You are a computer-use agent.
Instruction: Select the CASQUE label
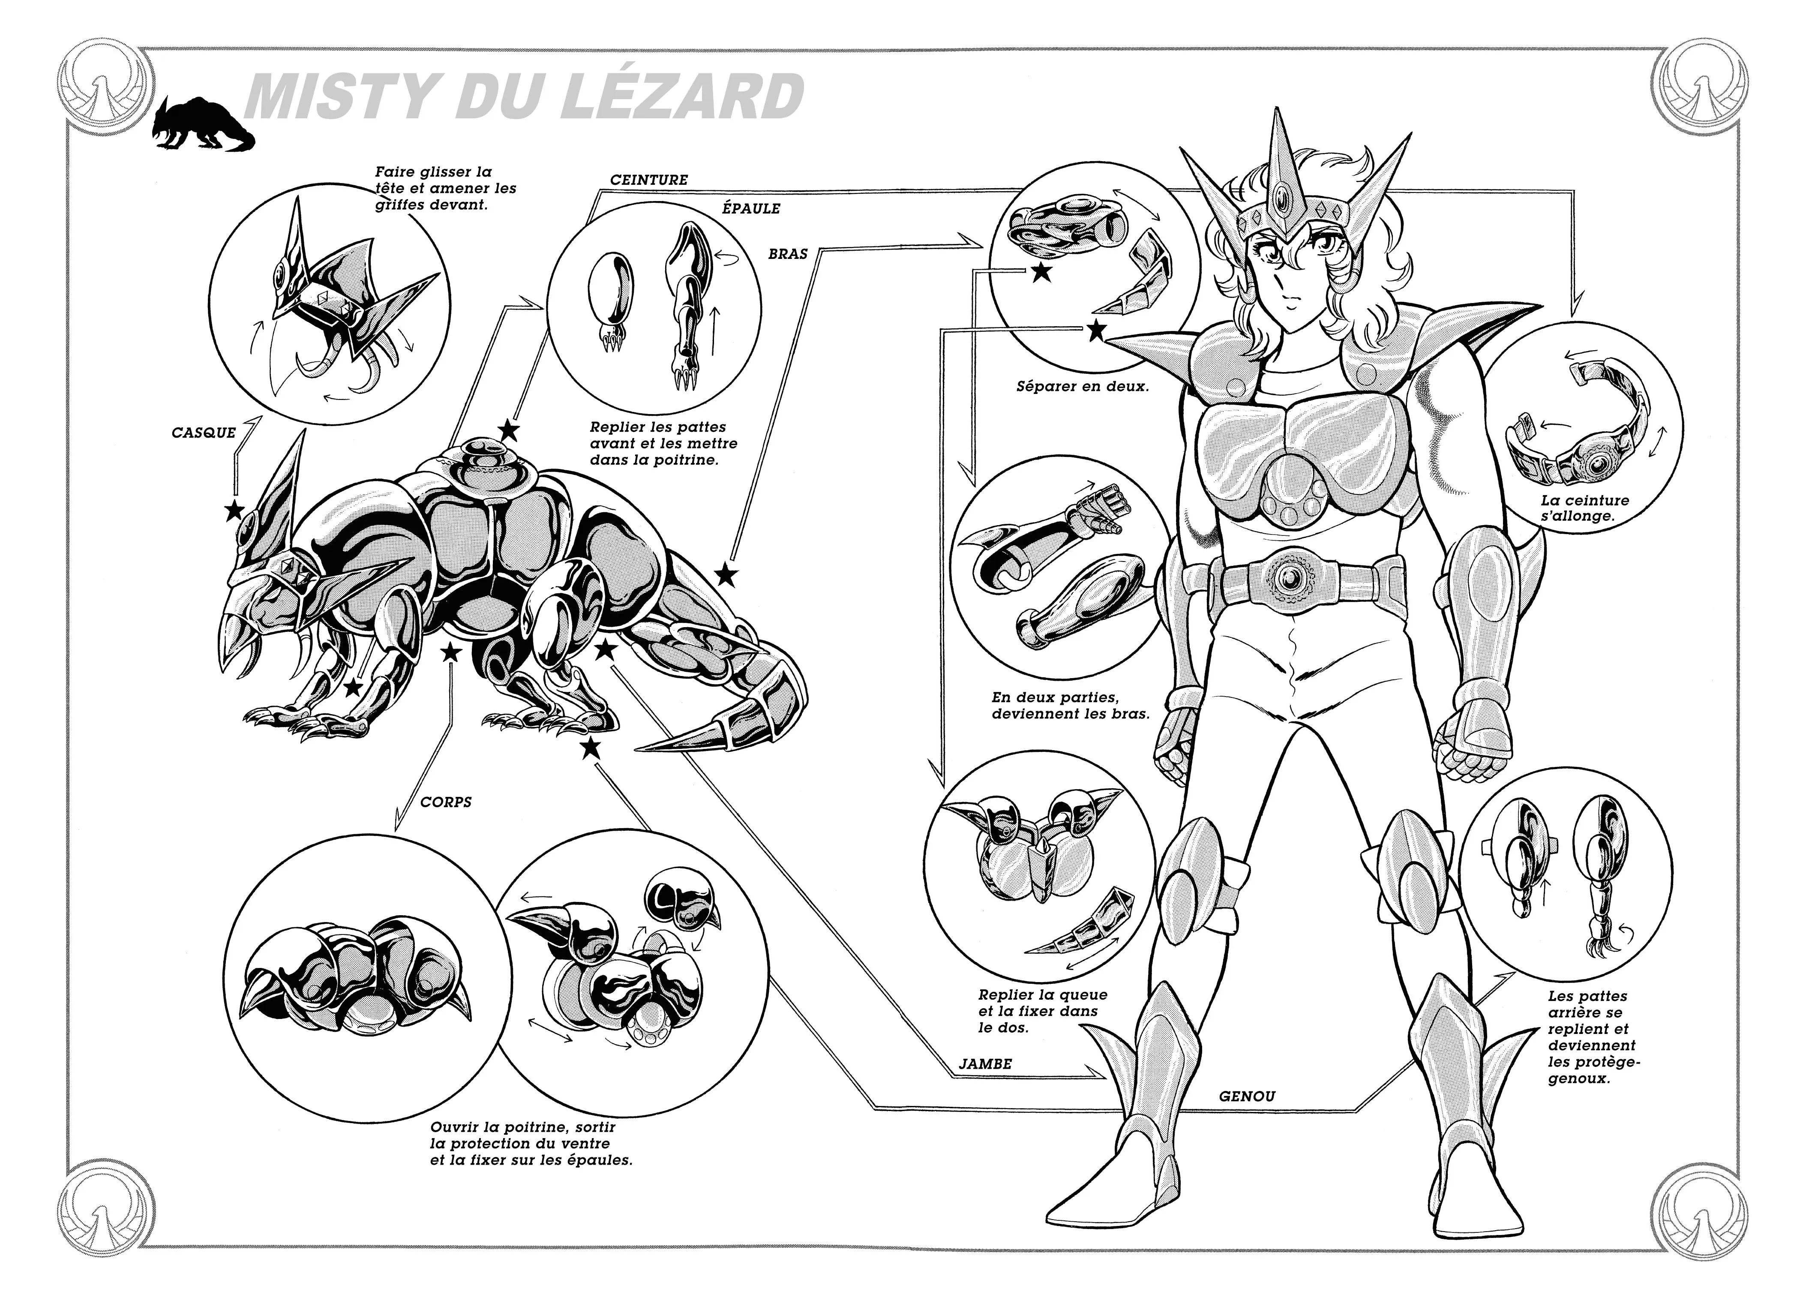click(x=204, y=433)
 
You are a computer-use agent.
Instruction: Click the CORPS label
click(x=446, y=802)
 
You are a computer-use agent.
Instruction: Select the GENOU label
click(x=1247, y=1096)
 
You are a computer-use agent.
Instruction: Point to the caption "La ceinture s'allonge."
click(x=1584, y=508)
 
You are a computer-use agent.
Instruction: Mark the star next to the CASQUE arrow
click(x=233, y=511)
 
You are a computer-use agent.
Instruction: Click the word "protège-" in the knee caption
click(x=1594, y=1062)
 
